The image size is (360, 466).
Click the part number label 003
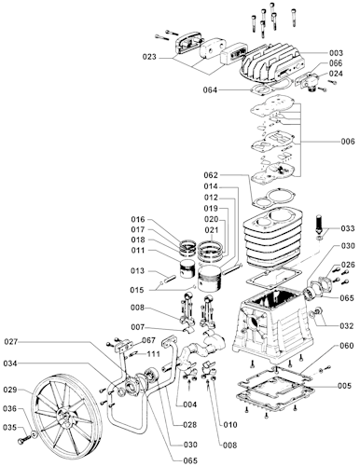(336, 53)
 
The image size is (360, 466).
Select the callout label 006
(348, 142)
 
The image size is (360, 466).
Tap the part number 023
(149, 57)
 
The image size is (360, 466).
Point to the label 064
(210, 90)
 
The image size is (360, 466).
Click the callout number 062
(211, 175)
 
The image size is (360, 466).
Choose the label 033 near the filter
(348, 228)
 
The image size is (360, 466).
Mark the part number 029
(10, 390)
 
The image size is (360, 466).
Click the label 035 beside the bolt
(9, 428)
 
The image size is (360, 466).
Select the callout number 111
(154, 354)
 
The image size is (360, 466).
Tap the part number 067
(148, 340)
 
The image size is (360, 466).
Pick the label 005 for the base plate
(344, 386)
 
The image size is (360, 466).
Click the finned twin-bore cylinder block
(272, 238)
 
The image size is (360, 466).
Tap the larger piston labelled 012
(210, 279)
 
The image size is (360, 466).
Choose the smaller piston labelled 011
(187, 269)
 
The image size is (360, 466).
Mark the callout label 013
(137, 270)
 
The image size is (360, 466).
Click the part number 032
(347, 325)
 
